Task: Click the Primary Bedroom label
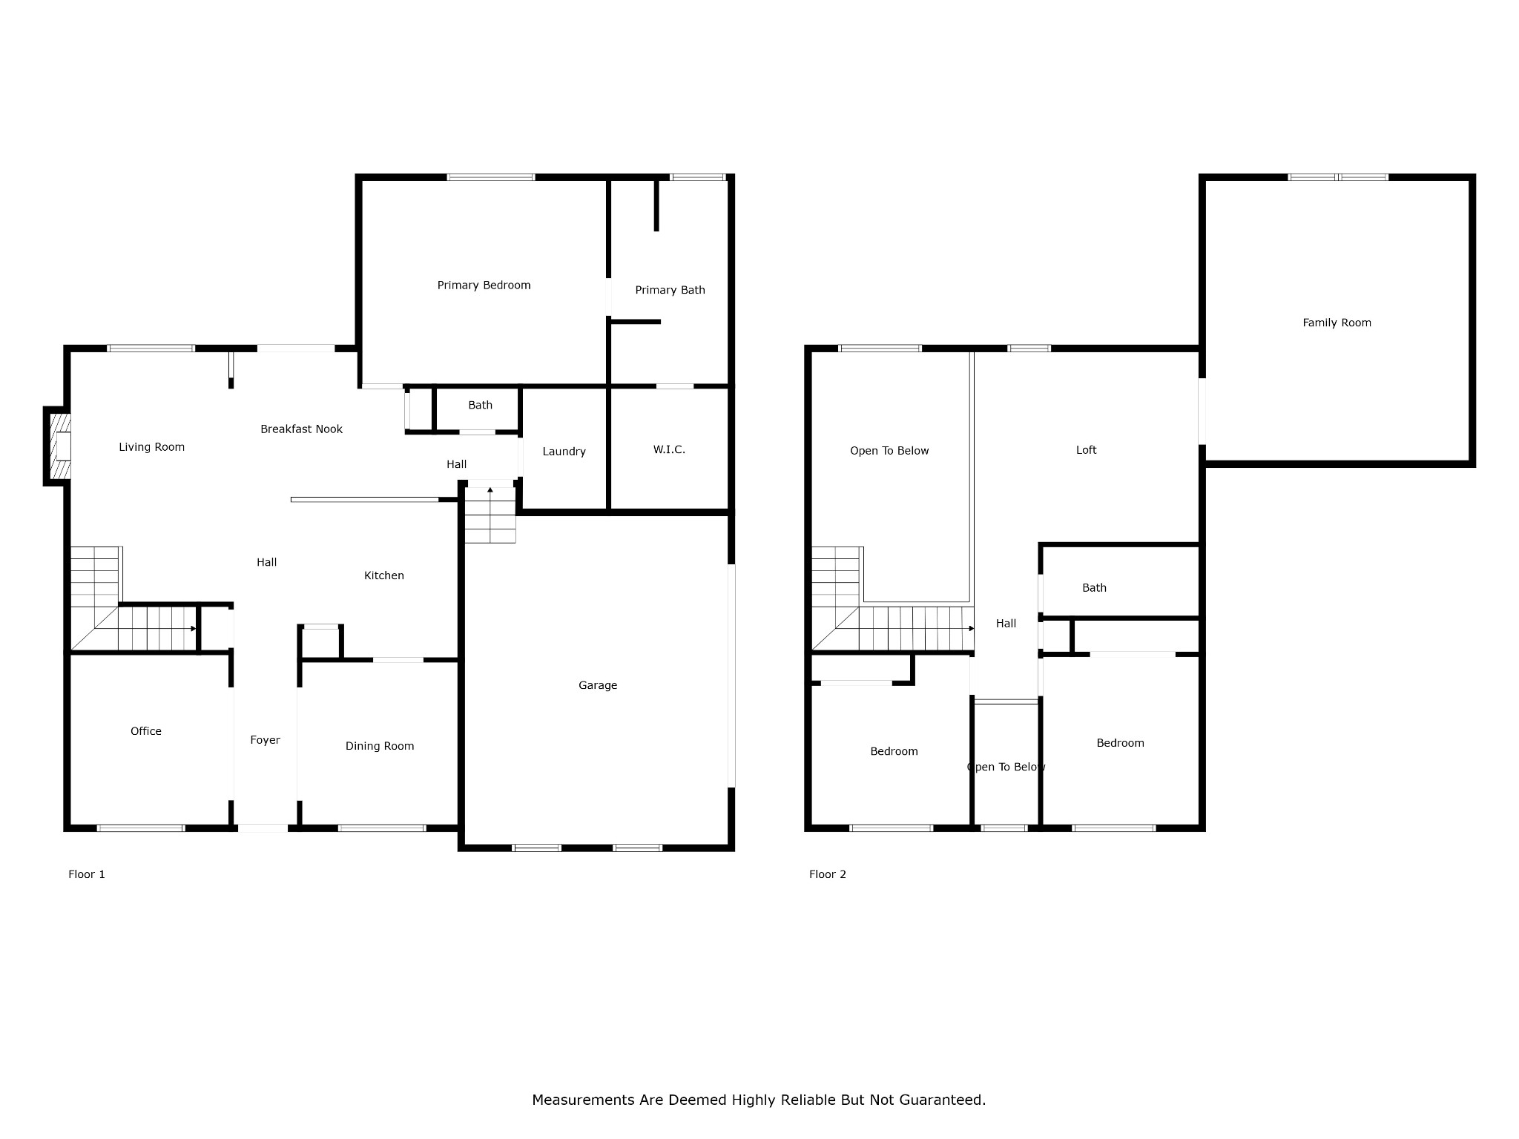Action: pyautogui.click(x=484, y=285)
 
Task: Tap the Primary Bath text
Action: pyautogui.click(x=670, y=290)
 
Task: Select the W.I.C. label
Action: pyautogui.click(x=669, y=449)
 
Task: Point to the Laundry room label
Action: pyautogui.click(x=564, y=452)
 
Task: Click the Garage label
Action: pyautogui.click(x=598, y=685)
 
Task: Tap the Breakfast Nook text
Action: pyautogui.click(x=301, y=429)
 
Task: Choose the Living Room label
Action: pyautogui.click(x=151, y=447)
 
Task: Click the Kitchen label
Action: pyautogui.click(x=383, y=575)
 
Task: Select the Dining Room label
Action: pyautogui.click(x=379, y=746)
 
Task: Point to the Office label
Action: pyautogui.click(x=145, y=731)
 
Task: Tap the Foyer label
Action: pyautogui.click(x=265, y=740)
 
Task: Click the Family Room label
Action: pyautogui.click(x=1337, y=323)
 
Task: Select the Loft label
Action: pyautogui.click(x=1086, y=450)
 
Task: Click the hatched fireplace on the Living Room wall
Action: pyautogui.click(x=59, y=446)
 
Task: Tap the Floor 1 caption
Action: pyautogui.click(x=87, y=874)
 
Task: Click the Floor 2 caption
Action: pyautogui.click(x=828, y=874)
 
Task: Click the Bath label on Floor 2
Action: pyautogui.click(x=1094, y=588)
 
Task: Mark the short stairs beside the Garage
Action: pyautogui.click(x=490, y=515)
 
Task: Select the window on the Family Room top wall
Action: pyautogui.click(x=1338, y=177)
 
